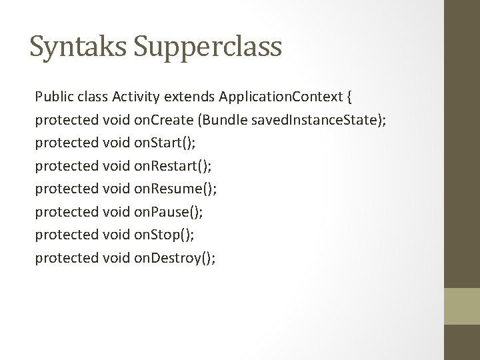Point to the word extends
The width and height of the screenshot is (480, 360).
click(x=189, y=97)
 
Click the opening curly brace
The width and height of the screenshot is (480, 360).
click(x=350, y=98)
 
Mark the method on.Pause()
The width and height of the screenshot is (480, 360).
click(x=168, y=212)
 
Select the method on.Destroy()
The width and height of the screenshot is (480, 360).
click(x=175, y=257)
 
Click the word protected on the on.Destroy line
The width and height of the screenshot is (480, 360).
click(x=66, y=257)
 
